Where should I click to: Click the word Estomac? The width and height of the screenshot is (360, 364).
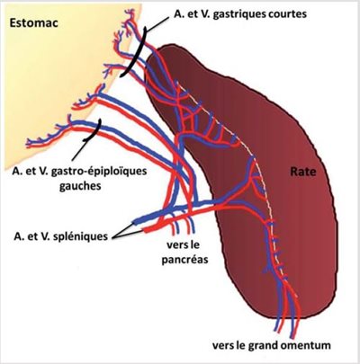(33, 22)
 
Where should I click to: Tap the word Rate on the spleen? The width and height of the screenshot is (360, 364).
(303, 172)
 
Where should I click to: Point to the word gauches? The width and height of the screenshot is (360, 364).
(80, 186)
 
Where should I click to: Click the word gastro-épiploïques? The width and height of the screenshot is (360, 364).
(99, 172)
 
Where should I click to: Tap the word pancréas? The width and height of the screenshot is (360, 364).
(184, 259)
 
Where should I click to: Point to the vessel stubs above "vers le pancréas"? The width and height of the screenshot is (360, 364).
(183, 226)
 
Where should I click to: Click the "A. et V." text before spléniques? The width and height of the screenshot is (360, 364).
(34, 236)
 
